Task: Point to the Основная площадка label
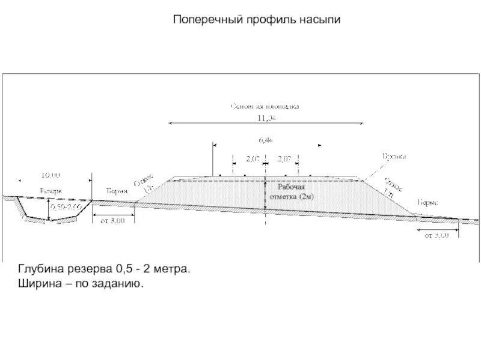click(265, 106)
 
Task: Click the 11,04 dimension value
click(266, 118)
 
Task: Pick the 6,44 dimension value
click(266, 140)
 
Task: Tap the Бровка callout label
click(394, 156)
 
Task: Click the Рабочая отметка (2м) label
click(291, 192)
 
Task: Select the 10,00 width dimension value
click(51, 175)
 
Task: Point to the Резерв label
click(51, 190)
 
